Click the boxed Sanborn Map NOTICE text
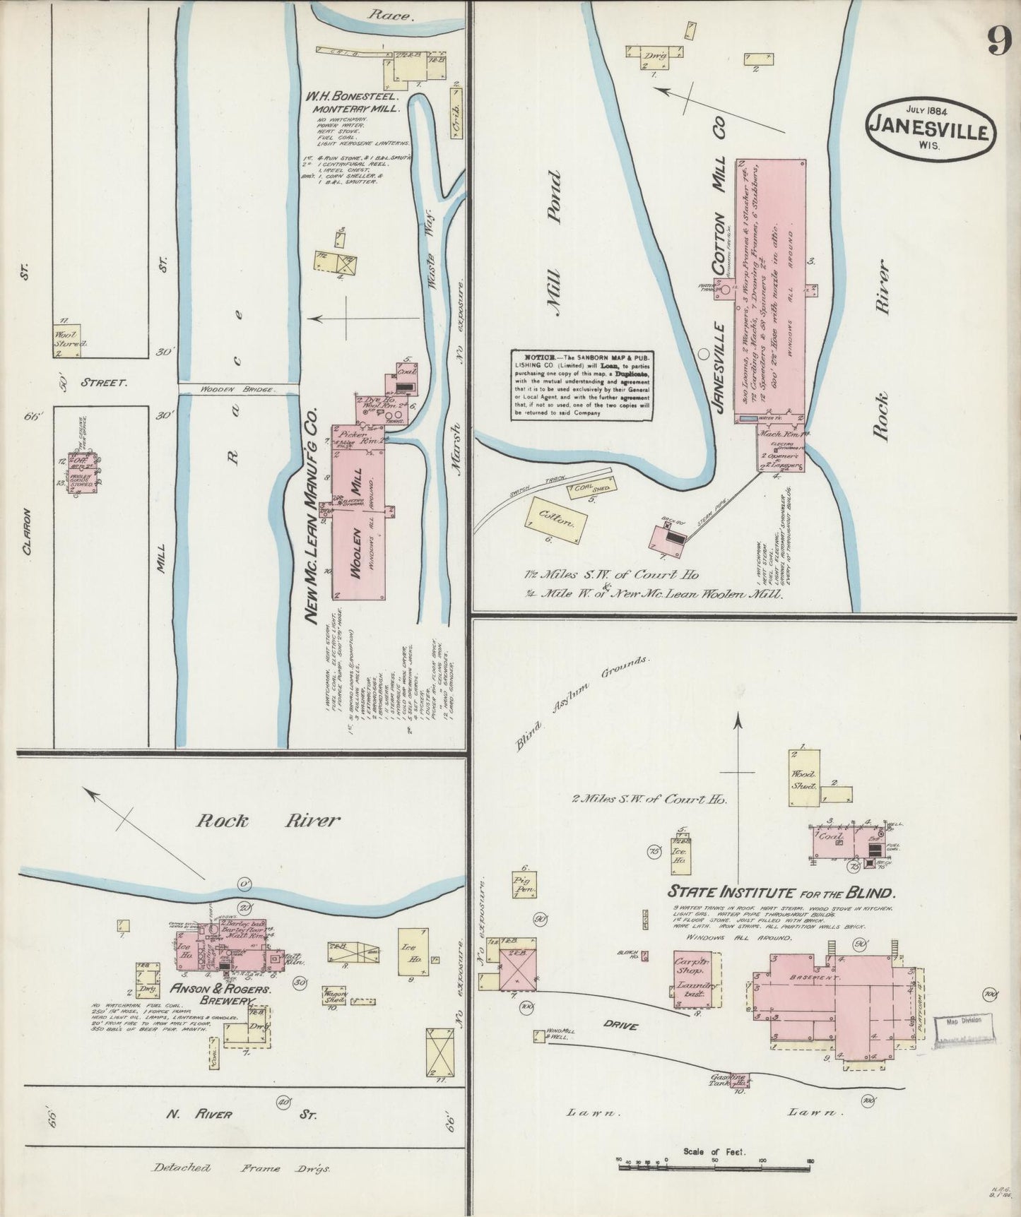pos(582,385)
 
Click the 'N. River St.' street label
pos(240,1114)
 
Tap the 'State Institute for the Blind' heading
pos(781,892)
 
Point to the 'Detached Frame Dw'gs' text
pos(241,1168)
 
